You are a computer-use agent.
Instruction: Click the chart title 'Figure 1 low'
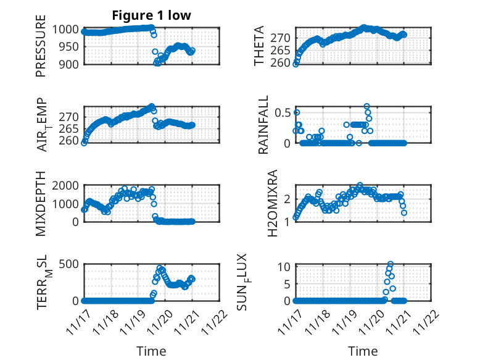151,15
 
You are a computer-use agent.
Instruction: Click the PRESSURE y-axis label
41,50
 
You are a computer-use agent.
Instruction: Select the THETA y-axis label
259,46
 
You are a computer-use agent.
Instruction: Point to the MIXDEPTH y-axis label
41,204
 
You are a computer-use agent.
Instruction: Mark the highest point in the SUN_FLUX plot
391,264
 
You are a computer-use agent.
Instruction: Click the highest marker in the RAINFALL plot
367,107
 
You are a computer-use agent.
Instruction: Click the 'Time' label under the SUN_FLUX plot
363,351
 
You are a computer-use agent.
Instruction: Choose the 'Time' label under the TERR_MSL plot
151,351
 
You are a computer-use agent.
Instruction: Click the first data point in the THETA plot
296,64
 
